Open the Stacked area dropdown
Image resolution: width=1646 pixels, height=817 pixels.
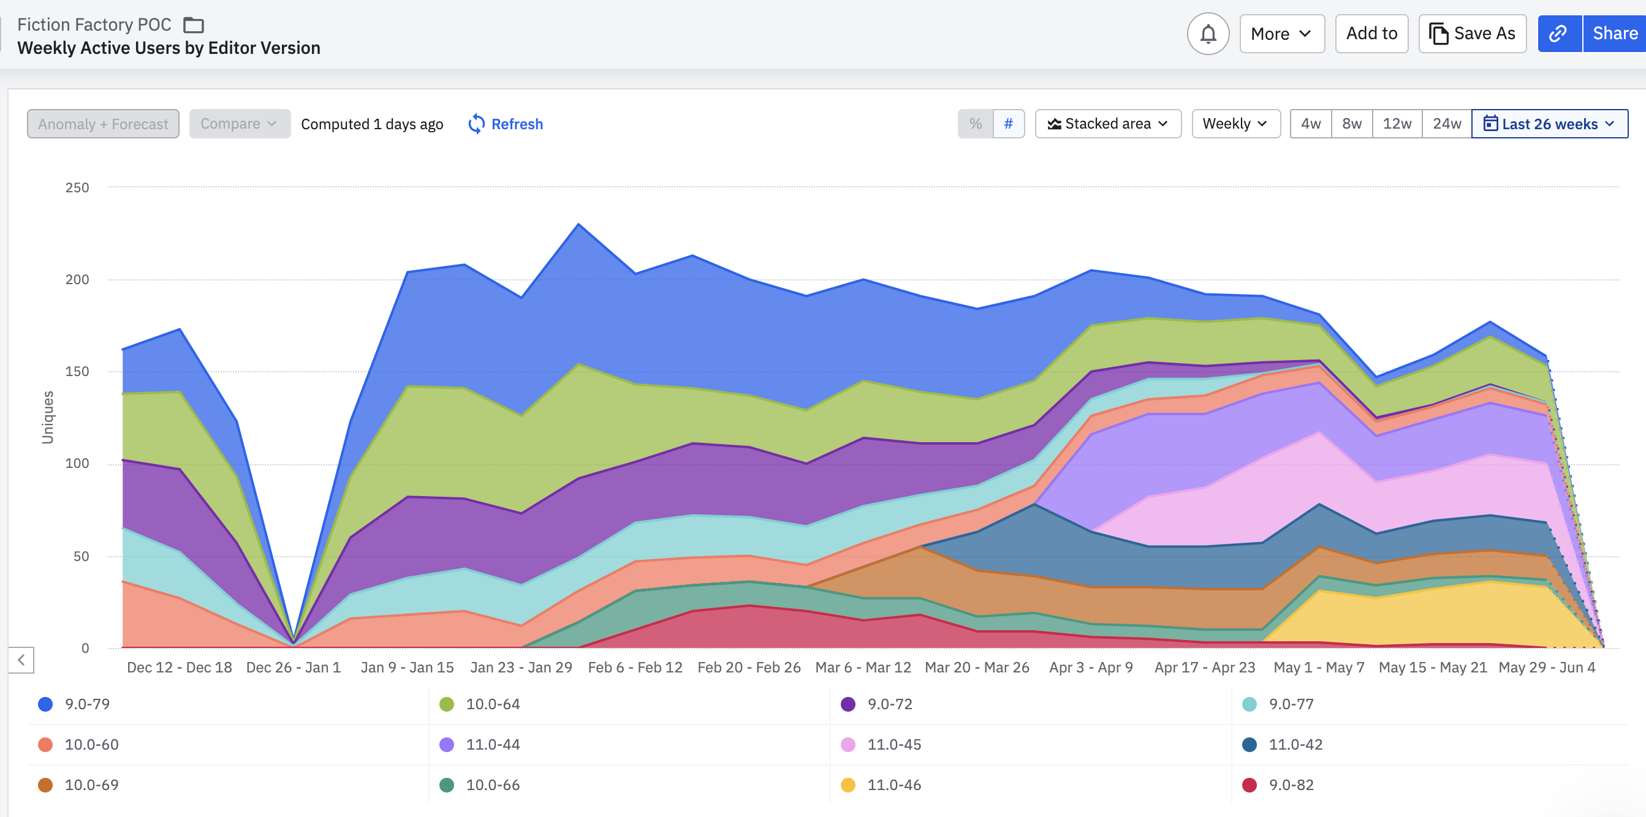(x=1107, y=124)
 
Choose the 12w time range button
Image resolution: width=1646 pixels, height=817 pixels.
(x=1396, y=124)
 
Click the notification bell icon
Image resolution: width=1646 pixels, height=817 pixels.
(x=1207, y=34)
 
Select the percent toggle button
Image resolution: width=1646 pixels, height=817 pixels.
(x=974, y=124)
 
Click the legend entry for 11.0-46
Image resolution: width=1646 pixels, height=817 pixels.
(x=893, y=785)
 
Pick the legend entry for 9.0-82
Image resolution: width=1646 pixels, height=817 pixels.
(x=1290, y=785)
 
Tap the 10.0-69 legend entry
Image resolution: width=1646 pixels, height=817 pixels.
(x=91, y=785)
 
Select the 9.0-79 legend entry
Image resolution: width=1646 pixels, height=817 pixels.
(x=87, y=704)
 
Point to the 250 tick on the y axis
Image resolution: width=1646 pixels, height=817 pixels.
(x=77, y=188)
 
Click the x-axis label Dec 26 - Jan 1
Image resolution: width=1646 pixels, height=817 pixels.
(x=294, y=668)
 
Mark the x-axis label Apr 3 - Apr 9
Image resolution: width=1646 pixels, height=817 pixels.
(x=1091, y=668)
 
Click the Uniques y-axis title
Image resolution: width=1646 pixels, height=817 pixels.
(x=48, y=417)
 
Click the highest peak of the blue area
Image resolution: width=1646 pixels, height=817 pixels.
(x=579, y=225)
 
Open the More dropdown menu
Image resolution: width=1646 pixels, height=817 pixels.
(x=1281, y=34)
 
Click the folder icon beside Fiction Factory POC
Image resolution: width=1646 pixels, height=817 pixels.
(x=194, y=25)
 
